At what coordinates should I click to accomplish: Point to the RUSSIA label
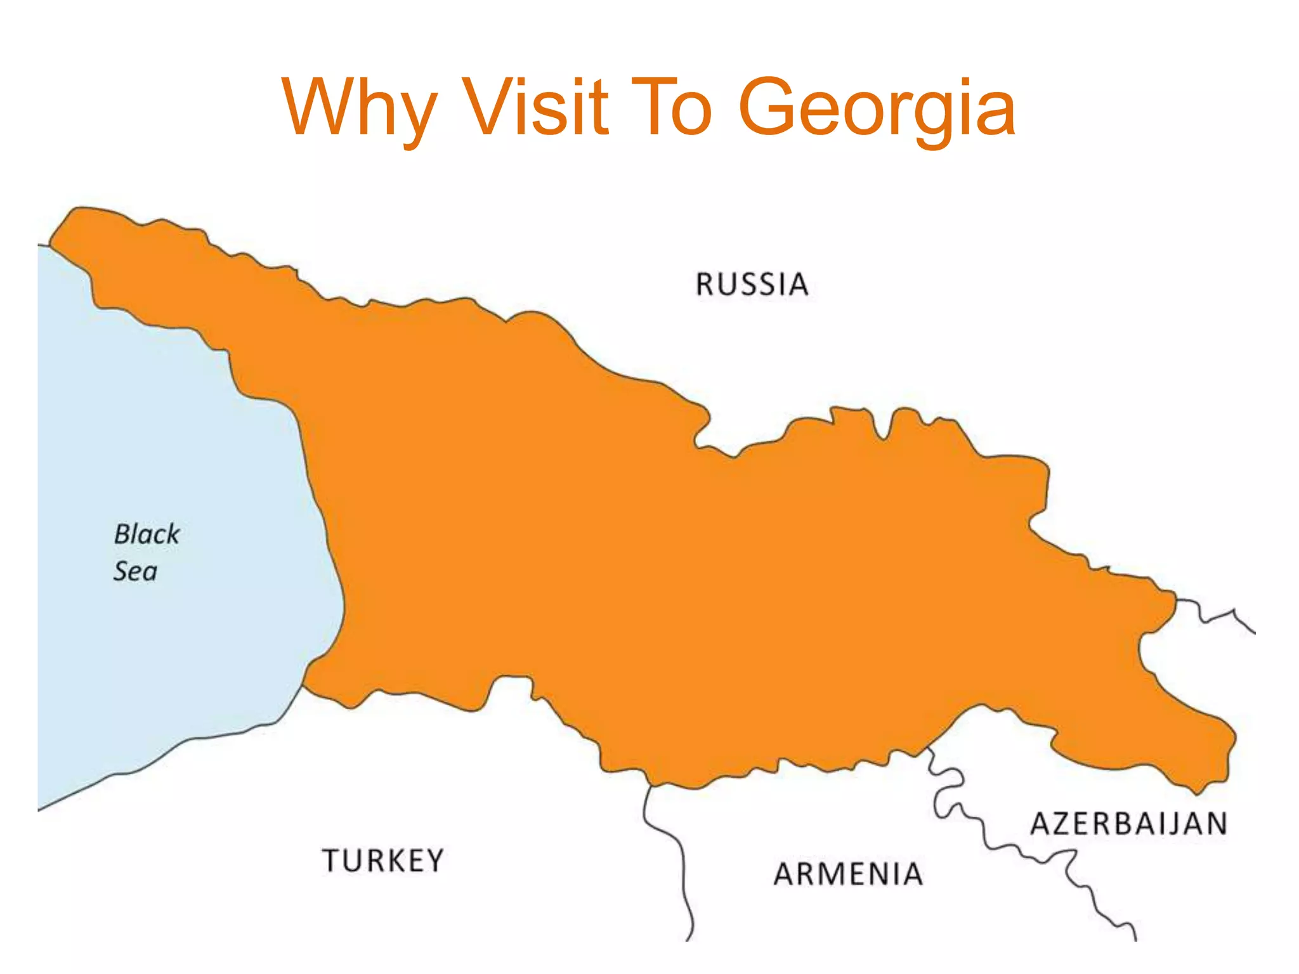[x=752, y=284]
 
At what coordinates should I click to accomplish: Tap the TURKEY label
[x=383, y=860]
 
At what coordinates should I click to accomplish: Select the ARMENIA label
[x=848, y=874]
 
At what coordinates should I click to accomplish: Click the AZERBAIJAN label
[x=1128, y=824]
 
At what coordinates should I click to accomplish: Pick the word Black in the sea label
[x=147, y=534]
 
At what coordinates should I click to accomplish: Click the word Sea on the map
[x=135, y=571]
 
